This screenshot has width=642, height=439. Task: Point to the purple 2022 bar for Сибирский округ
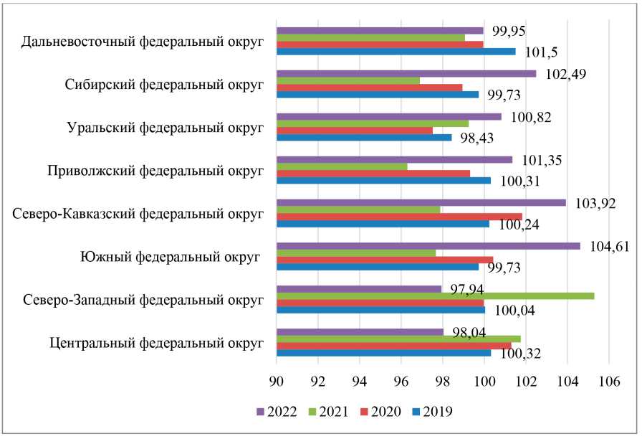tap(406, 73)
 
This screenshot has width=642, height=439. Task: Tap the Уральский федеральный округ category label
tap(161, 127)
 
